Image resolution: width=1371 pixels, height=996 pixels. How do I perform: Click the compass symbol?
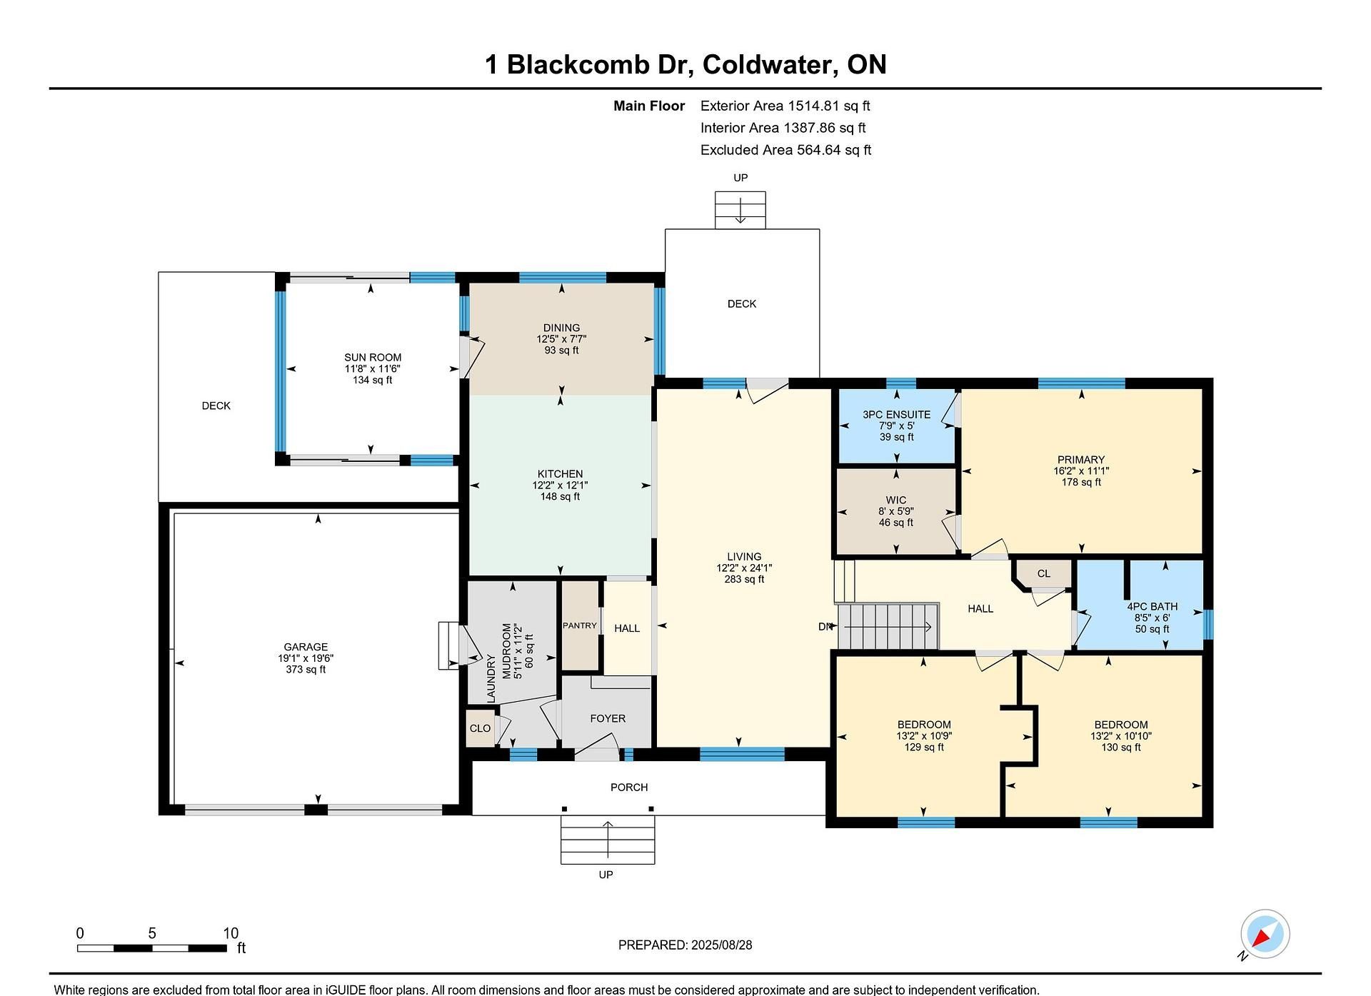click(1265, 934)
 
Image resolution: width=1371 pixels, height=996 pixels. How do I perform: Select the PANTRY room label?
click(579, 625)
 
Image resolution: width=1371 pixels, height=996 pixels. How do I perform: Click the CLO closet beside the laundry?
click(480, 728)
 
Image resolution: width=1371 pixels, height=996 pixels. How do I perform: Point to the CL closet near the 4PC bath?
click(1043, 573)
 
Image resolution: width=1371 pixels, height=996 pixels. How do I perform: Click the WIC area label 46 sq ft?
click(895, 523)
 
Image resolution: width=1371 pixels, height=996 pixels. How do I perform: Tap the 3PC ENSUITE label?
click(896, 414)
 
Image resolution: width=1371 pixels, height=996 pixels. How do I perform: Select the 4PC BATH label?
click(1152, 606)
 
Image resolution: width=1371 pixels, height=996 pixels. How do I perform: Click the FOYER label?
click(608, 718)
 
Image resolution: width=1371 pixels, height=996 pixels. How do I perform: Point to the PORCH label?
click(629, 787)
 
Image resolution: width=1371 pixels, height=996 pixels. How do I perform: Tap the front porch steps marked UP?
click(607, 842)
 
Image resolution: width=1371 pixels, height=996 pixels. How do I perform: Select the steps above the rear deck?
click(740, 210)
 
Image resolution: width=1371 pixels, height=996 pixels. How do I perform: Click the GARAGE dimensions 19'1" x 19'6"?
click(306, 658)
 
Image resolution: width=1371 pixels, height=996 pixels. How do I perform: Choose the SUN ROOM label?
click(373, 357)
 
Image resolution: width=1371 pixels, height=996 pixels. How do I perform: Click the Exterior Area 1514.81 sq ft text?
click(785, 106)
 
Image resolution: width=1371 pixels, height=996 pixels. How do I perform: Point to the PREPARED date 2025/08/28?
click(685, 945)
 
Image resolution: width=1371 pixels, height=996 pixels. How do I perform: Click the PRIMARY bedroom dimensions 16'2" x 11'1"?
click(1081, 471)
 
